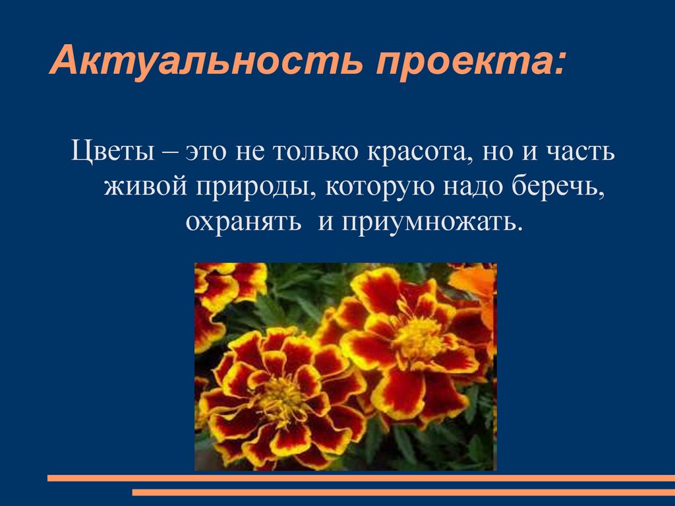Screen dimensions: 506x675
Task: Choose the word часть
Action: tap(580, 154)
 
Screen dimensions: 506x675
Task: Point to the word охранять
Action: tap(245, 222)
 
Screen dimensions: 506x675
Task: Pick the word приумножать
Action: tap(430, 222)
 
